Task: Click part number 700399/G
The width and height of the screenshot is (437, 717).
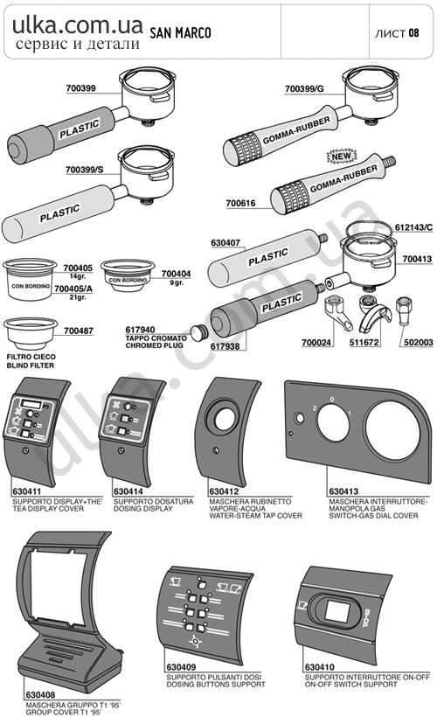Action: pyautogui.click(x=304, y=88)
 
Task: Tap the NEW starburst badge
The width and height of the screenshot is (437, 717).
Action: pyautogui.click(x=342, y=157)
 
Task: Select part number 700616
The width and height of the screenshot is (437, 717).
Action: pyautogui.click(x=241, y=203)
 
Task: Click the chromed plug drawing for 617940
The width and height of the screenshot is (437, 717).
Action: pyautogui.click(x=198, y=331)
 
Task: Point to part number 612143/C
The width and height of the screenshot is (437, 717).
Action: pyautogui.click(x=413, y=227)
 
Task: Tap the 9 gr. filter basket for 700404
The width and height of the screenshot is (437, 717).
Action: pyautogui.click(x=128, y=275)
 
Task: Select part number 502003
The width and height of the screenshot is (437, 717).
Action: pyautogui.click(x=419, y=342)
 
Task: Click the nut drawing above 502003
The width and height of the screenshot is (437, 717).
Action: pyautogui.click(x=403, y=310)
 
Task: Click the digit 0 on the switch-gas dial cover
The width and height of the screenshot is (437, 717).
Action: pyautogui.click(x=332, y=400)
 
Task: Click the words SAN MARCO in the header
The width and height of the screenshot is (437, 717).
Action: pyautogui.click(x=181, y=33)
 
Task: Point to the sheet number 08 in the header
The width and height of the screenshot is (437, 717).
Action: pyautogui.click(x=413, y=33)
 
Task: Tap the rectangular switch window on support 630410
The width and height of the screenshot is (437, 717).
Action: pyautogui.click(x=337, y=610)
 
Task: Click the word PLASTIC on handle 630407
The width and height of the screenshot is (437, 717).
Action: pyautogui.click(x=268, y=256)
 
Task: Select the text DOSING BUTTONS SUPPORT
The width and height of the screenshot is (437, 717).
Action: pyautogui.click(x=216, y=685)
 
